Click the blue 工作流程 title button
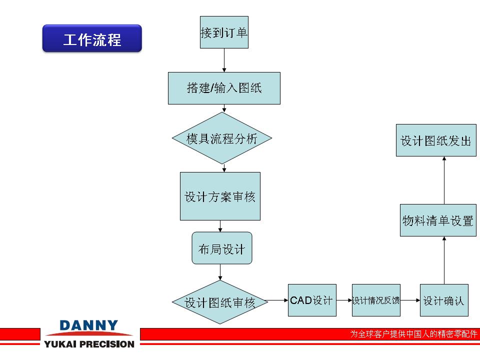(x=92, y=38)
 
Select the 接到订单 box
(x=224, y=32)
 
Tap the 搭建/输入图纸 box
(x=224, y=88)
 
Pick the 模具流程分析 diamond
(x=222, y=138)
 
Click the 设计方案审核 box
(x=220, y=196)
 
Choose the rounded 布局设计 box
(x=222, y=248)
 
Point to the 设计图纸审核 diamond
(x=220, y=302)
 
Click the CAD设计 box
(x=312, y=300)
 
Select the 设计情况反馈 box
(x=376, y=300)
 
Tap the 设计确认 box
(x=444, y=300)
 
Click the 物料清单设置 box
(x=438, y=220)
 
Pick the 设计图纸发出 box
(x=436, y=140)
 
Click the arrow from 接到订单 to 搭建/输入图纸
(x=224, y=60)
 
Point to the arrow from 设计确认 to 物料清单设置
(x=444, y=260)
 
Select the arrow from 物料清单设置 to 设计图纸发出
(x=444, y=180)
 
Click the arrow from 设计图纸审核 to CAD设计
(x=276, y=300)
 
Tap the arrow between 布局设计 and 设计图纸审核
(x=220, y=272)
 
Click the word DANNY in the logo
(x=89, y=325)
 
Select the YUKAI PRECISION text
(x=89, y=344)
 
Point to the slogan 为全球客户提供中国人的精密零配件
(x=413, y=333)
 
